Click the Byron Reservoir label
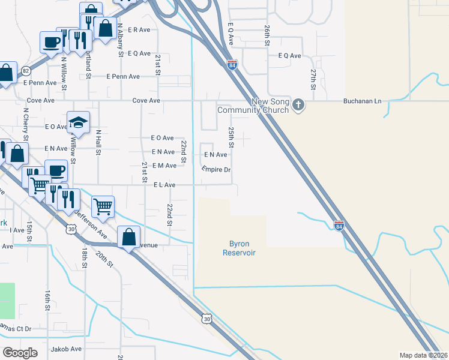(x=239, y=248)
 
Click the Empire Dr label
(x=216, y=170)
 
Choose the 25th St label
(x=231, y=137)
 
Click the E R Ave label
(x=137, y=29)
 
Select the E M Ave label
(x=164, y=165)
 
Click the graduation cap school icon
(x=78, y=123)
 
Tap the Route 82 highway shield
(x=26, y=71)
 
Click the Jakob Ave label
(x=66, y=349)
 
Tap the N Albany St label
(x=121, y=40)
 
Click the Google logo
(x=20, y=352)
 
